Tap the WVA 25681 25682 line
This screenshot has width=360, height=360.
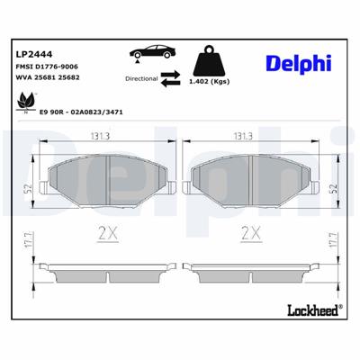[48, 77]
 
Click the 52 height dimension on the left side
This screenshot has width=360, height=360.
[28, 188]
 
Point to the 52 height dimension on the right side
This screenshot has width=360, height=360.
[332, 188]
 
